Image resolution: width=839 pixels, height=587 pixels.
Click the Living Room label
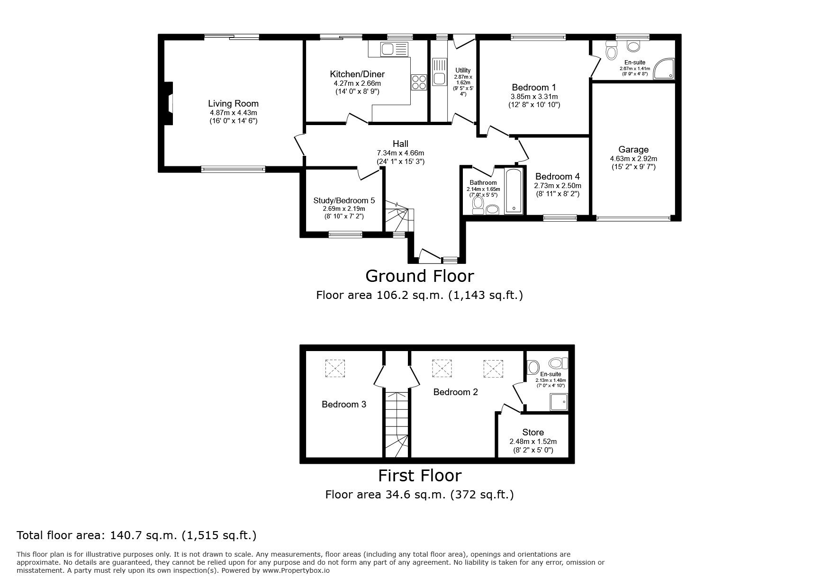point(233,104)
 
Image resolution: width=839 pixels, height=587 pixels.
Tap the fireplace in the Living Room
point(168,104)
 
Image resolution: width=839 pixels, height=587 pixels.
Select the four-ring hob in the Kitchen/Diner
point(419,82)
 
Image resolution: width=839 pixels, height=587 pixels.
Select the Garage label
point(633,150)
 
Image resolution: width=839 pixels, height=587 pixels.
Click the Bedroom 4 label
point(558,177)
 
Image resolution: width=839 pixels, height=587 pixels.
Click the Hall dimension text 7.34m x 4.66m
point(400,153)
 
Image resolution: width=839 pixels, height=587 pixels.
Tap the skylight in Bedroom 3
point(335,368)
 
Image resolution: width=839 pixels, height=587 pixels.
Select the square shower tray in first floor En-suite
point(559,402)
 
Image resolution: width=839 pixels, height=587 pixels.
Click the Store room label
point(533,432)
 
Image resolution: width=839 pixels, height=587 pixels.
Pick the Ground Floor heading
point(419,276)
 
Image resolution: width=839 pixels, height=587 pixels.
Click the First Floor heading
point(420,475)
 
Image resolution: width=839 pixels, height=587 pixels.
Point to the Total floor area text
point(136,535)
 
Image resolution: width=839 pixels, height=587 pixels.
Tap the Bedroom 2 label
point(456,392)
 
